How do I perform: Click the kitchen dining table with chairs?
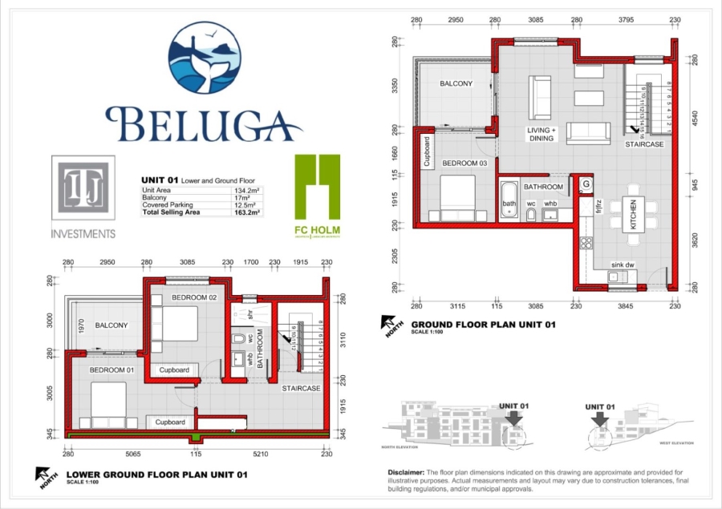[x=632, y=214]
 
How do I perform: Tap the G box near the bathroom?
[x=586, y=184]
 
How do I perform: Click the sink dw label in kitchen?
[x=623, y=264]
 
